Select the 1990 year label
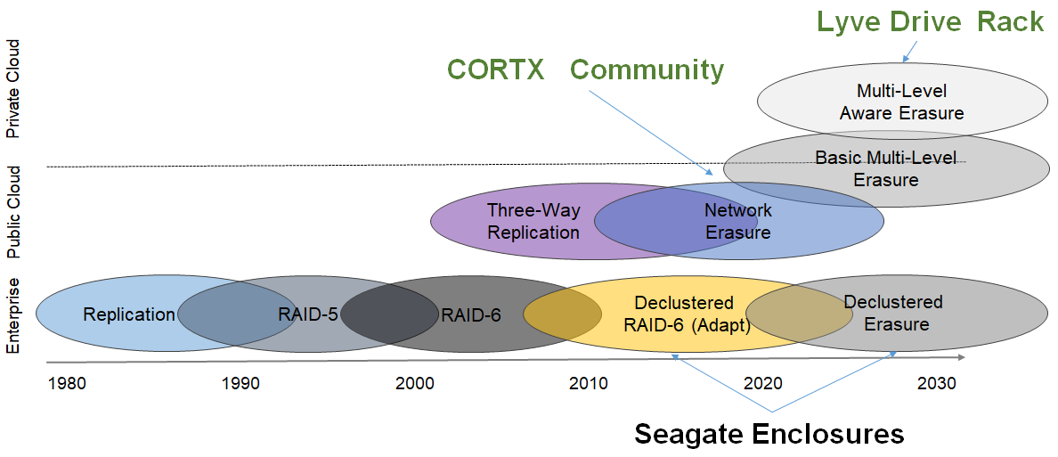[241, 384]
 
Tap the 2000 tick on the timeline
[415, 384]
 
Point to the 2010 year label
[589, 384]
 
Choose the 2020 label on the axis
[762, 384]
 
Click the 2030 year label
[936, 384]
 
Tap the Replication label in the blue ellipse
[129, 314]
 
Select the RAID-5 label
[307, 314]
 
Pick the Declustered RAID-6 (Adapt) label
[684, 314]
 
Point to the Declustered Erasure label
[892, 314]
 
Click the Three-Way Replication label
[533, 222]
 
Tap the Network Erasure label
[737, 222]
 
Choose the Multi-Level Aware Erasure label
[901, 102]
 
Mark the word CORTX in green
[495, 69]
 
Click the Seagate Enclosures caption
[769, 434]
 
